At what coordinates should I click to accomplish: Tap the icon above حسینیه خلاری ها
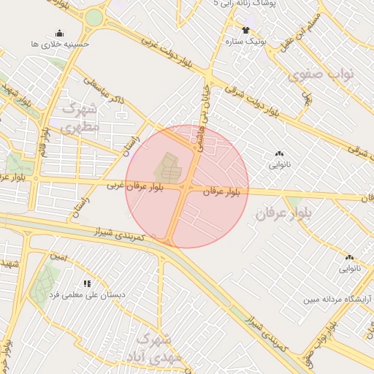click(59, 33)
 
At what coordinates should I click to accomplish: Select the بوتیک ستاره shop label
click(245, 41)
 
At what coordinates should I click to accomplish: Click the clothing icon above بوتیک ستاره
click(245, 30)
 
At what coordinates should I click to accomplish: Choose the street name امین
click(58, 256)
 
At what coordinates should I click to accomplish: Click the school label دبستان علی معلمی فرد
click(87, 294)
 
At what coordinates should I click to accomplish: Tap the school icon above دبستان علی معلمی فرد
click(87, 283)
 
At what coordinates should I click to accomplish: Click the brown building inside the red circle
click(167, 169)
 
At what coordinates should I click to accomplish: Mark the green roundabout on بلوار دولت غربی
click(94, 18)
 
